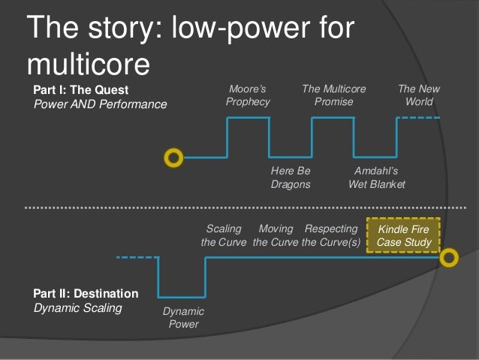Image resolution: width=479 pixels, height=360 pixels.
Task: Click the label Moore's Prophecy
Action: coord(248,95)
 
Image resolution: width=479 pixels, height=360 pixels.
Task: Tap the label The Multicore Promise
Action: coord(333,95)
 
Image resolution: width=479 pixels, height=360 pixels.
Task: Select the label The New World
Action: coord(418,95)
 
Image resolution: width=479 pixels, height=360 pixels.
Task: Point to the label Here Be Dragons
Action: coord(291,177)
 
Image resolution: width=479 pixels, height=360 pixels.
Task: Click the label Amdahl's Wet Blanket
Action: coord(376,177)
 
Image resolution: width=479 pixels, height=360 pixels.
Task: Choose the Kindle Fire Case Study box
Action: coord(404,235)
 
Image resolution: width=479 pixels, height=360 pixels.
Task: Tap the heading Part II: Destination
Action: coord(86,293)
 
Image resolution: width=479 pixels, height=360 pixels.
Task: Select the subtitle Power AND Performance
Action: coord(101,104)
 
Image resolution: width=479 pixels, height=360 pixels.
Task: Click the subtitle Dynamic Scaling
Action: coord(78,307)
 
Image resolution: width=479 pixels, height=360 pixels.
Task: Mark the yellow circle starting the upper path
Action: coord(173,158)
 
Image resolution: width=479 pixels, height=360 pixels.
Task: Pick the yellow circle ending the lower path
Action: coord(449,259)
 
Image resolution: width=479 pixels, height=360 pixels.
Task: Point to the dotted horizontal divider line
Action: coord(240,206)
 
